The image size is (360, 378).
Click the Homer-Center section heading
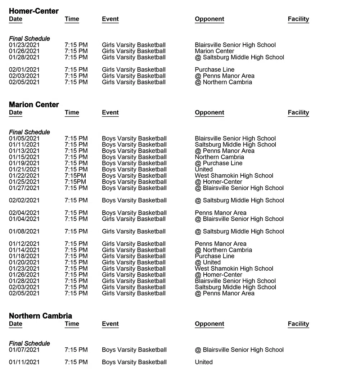pos(33,11)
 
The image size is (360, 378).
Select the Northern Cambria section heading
pos(40,316)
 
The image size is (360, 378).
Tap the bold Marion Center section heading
pos(34,105)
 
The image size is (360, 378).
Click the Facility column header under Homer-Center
pos(298,19)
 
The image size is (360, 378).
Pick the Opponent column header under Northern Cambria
pos(209,324)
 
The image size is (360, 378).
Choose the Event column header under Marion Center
pos(110,113)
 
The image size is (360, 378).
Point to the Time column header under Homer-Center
pos(72,19)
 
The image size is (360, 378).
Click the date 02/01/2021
pos(24,70)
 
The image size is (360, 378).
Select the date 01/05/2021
pos(24,139)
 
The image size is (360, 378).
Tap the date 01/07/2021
pos(24,350)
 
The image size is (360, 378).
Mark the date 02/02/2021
pos(24,201)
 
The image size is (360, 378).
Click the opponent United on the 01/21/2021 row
pos(204,170)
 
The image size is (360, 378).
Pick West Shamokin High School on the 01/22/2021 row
pos(234,176)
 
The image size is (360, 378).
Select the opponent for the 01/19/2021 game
pos(219,163)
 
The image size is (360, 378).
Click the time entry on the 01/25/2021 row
pos(75,182)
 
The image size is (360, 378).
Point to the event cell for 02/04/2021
pos(134,213)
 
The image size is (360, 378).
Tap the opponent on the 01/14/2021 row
pos(223,250)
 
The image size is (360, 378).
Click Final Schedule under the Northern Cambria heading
pos(30,343)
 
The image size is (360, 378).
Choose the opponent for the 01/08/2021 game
pos(239,231)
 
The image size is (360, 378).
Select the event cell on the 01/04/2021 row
pos(134,219)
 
